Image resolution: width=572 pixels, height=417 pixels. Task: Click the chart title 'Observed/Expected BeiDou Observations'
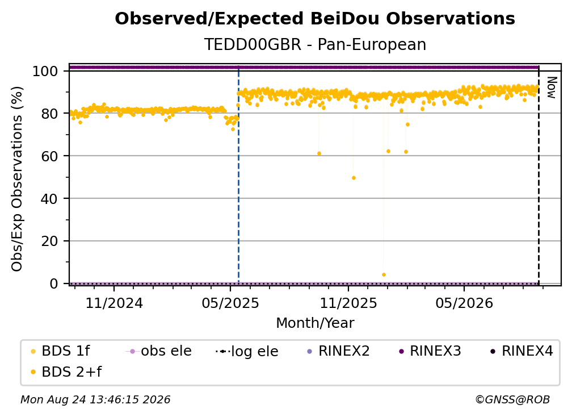315,19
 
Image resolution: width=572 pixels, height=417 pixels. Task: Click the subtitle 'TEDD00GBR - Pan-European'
315,44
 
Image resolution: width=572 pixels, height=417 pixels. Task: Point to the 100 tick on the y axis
45,71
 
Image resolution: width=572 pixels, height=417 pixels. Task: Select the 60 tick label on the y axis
49,156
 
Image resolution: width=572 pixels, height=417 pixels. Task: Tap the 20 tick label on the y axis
49,241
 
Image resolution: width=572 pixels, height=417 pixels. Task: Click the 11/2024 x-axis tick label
114,303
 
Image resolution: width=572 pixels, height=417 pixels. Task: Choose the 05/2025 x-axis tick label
230,303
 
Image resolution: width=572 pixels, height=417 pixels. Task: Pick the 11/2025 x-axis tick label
348,303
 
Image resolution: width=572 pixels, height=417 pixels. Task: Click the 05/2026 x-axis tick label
464,303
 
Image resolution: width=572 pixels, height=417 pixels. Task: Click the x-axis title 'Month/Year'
315,323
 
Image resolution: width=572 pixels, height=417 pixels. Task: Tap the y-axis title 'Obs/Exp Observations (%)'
17,178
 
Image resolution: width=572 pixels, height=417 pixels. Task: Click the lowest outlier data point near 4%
384,274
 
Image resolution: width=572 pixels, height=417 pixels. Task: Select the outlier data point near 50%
354,178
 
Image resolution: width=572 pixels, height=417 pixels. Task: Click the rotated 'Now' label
552,87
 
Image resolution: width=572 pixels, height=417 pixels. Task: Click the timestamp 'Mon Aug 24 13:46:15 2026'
95,400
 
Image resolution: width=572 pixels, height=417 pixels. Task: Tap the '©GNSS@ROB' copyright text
512,400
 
